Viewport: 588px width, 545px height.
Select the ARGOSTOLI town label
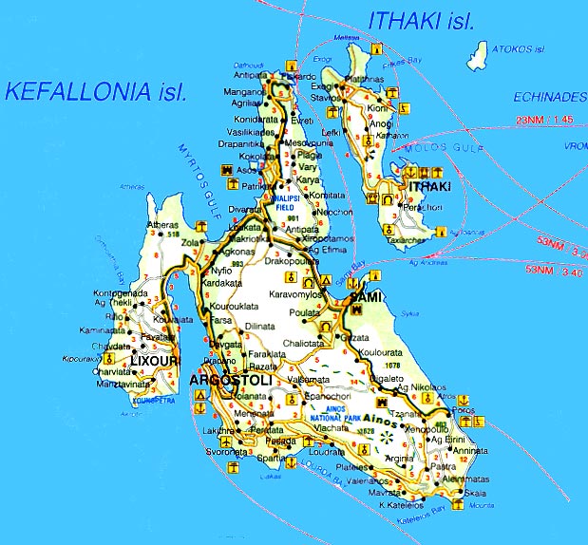coord(231,380)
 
